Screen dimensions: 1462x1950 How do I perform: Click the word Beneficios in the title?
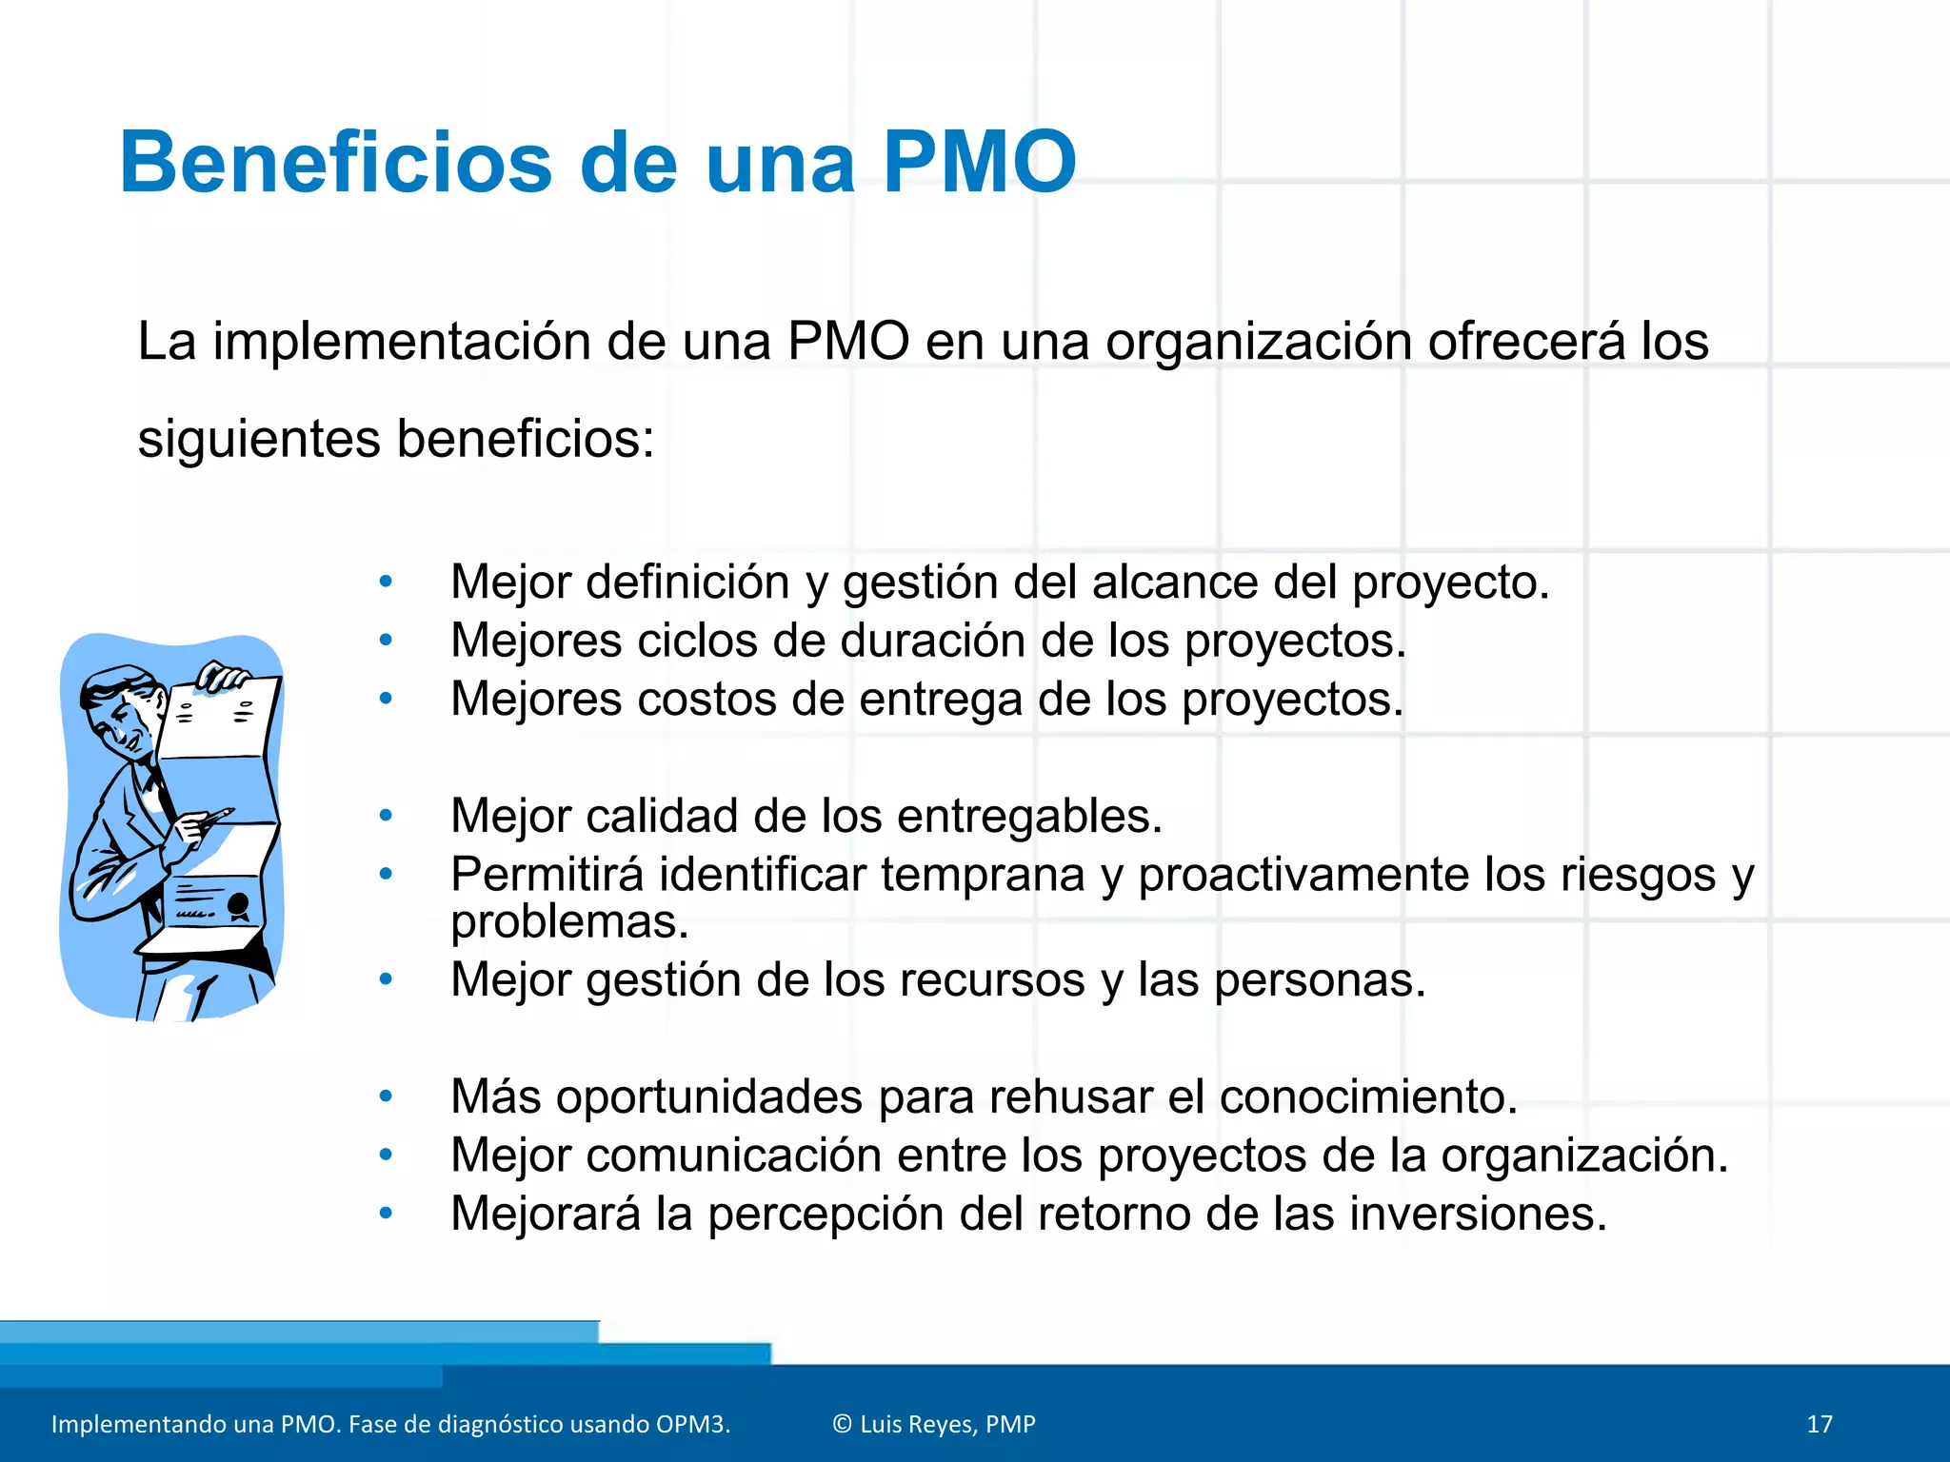pos(335,163)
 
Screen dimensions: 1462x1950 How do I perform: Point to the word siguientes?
pos(258,440)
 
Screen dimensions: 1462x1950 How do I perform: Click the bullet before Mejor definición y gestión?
pos(386,582)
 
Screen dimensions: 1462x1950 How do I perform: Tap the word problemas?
pos(568,921)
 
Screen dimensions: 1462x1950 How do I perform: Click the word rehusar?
pos(1071,1096)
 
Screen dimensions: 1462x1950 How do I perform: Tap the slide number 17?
pos(1819,1424)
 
